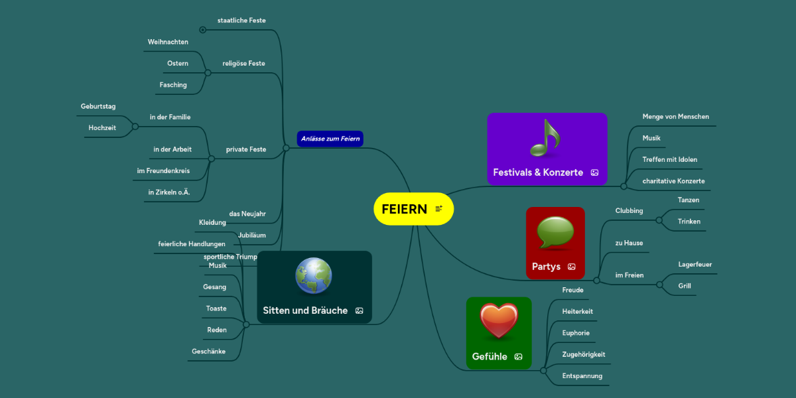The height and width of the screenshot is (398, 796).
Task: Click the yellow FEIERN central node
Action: click(x=405, y=209)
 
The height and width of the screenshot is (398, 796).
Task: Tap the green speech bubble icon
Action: click(x=555, y=233)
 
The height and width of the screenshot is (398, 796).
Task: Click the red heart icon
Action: click(x=498, y=321)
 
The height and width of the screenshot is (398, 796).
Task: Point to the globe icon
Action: click(x=313, y=275)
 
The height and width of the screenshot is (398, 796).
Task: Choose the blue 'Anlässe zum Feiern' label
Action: click(x=330, y=139)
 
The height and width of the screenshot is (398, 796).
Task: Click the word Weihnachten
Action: click(x=168, y=42)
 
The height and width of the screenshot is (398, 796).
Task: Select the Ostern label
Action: click(x=178, y=64)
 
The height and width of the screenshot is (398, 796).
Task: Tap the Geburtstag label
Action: click(x=98, y=106)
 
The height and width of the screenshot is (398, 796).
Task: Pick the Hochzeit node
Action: click(x=102, y=128)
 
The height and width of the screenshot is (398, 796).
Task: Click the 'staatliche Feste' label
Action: click(x=241, y=21)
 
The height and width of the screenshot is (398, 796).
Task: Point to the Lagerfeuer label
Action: click(x=695, y=265)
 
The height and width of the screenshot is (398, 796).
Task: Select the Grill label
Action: click(x=685, y=286)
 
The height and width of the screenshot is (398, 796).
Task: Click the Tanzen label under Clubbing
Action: click(x=688, y=200)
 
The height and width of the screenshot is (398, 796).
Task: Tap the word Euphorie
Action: click(x=576, y=333)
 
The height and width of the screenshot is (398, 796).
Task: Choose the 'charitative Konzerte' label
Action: click(x=673, y=181)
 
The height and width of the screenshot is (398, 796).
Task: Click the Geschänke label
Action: click(x=208, y=352)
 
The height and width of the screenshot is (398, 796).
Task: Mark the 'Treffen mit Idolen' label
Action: click(x=669, y=159)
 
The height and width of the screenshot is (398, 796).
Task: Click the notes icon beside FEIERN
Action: click(x=438, y=209)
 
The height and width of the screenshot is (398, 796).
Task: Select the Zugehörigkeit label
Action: click(x=583, y=354)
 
